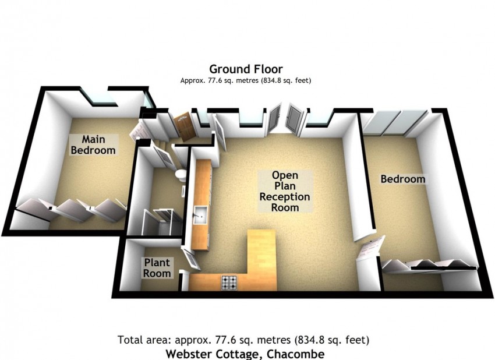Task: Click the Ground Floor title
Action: (x=246, y=69)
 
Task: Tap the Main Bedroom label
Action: (x=93, y=144)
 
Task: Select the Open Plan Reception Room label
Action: (x=285, y=191)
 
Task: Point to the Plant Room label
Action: (x=157, y=268)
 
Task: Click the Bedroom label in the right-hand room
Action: (x=403, y=179)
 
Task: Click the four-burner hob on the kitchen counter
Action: (x=229, y=283)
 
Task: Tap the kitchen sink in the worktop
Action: (x=200, y=215)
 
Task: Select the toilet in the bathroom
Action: (x=181, y=175)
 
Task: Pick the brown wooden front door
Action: (x=183, y=126)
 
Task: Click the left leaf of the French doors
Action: (x=274, y=119)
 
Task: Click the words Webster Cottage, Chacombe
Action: (x=245, y=354)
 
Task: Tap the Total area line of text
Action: (x=243, y=340)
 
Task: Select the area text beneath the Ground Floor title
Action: (x=246, y=80)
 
